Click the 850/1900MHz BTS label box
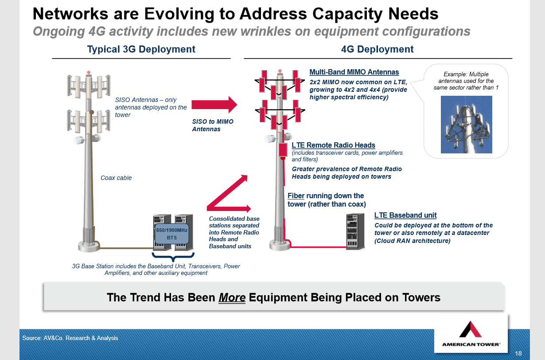click(172, 234)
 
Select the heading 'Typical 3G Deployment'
click(141, 49)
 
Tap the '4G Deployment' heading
click(377, 49)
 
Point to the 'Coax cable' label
click(116, 178)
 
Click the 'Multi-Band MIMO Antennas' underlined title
click(354, 72)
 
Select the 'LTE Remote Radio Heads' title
click(333, 145)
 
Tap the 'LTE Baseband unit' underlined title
click(405, 215)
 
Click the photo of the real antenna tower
click(466, 125)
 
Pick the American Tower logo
click(471, 334)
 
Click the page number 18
click(518, 353)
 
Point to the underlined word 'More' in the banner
click(232, 297)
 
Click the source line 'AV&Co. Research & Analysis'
click(70, 338)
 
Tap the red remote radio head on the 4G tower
click(282, 150)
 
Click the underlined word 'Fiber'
click(296, 196)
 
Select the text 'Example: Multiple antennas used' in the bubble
click(466, 78)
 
